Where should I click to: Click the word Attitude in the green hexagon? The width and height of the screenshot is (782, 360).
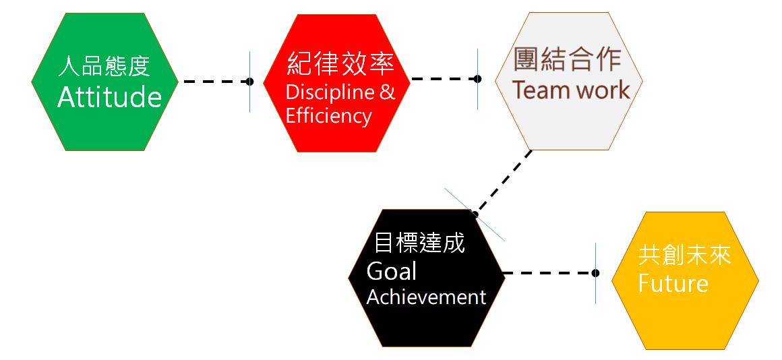click(x=109, y=98)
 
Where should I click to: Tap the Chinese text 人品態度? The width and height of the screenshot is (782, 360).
click(x=104, y=67)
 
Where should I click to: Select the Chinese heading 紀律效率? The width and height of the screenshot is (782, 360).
click(x=340, y=63)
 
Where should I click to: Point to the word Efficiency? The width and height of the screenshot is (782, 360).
click(x=328, y=116)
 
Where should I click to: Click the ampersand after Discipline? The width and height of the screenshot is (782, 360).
click(x=387, y=91)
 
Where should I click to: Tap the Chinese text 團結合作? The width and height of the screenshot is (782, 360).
click(x=567, y=59)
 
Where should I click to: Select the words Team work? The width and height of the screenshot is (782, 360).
click(x=570, y=90)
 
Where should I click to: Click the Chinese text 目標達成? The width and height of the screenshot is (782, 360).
click(x=419, y=243)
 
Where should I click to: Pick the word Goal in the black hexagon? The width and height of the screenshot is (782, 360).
click(x=391, y=271)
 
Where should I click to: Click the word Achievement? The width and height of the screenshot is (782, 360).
click(x=426, y=297)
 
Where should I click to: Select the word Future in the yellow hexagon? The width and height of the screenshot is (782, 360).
click(x=673, y=283)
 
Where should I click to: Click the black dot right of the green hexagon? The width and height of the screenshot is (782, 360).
click(x=249, y=82)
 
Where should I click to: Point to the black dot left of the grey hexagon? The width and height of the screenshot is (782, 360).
click(x=477, y=79)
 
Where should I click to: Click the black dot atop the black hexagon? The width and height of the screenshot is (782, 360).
click(x=475, y=214)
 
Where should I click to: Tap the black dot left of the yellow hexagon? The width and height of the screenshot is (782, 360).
click(x=595, y=273)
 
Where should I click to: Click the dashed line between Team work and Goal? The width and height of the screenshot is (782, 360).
click(x=504, y=180)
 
